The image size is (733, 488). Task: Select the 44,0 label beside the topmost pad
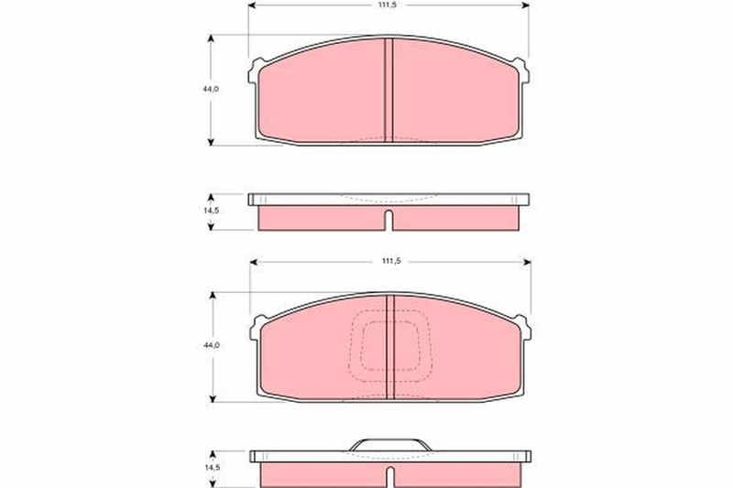click(211, 89)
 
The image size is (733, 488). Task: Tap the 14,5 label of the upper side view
click(211, 211)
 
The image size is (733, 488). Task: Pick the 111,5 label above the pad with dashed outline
click(391, 262)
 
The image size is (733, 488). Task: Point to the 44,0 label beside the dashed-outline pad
click(212, 345)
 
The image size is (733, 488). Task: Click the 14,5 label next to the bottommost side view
click(212, 468)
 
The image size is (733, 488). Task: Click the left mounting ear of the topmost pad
click(255, 71)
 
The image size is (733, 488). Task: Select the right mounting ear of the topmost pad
click(522, 71)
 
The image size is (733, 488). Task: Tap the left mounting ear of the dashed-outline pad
click(257, 329)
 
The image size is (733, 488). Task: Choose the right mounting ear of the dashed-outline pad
click(524, 328)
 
